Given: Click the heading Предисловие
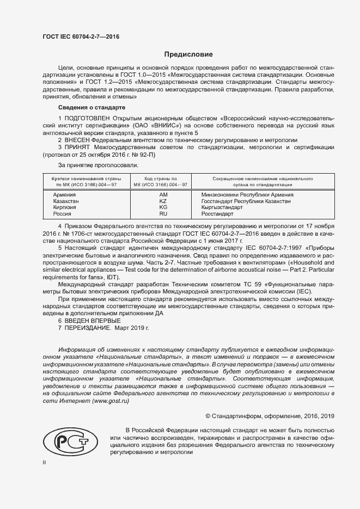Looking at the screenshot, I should point(188,54).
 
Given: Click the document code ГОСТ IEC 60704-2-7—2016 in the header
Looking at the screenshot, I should point(81,36).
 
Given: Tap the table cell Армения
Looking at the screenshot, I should point(64,194).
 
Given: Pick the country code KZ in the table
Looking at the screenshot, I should point(163,201).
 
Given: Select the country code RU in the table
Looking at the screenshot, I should point(163,214).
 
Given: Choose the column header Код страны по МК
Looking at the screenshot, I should point(163,181).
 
